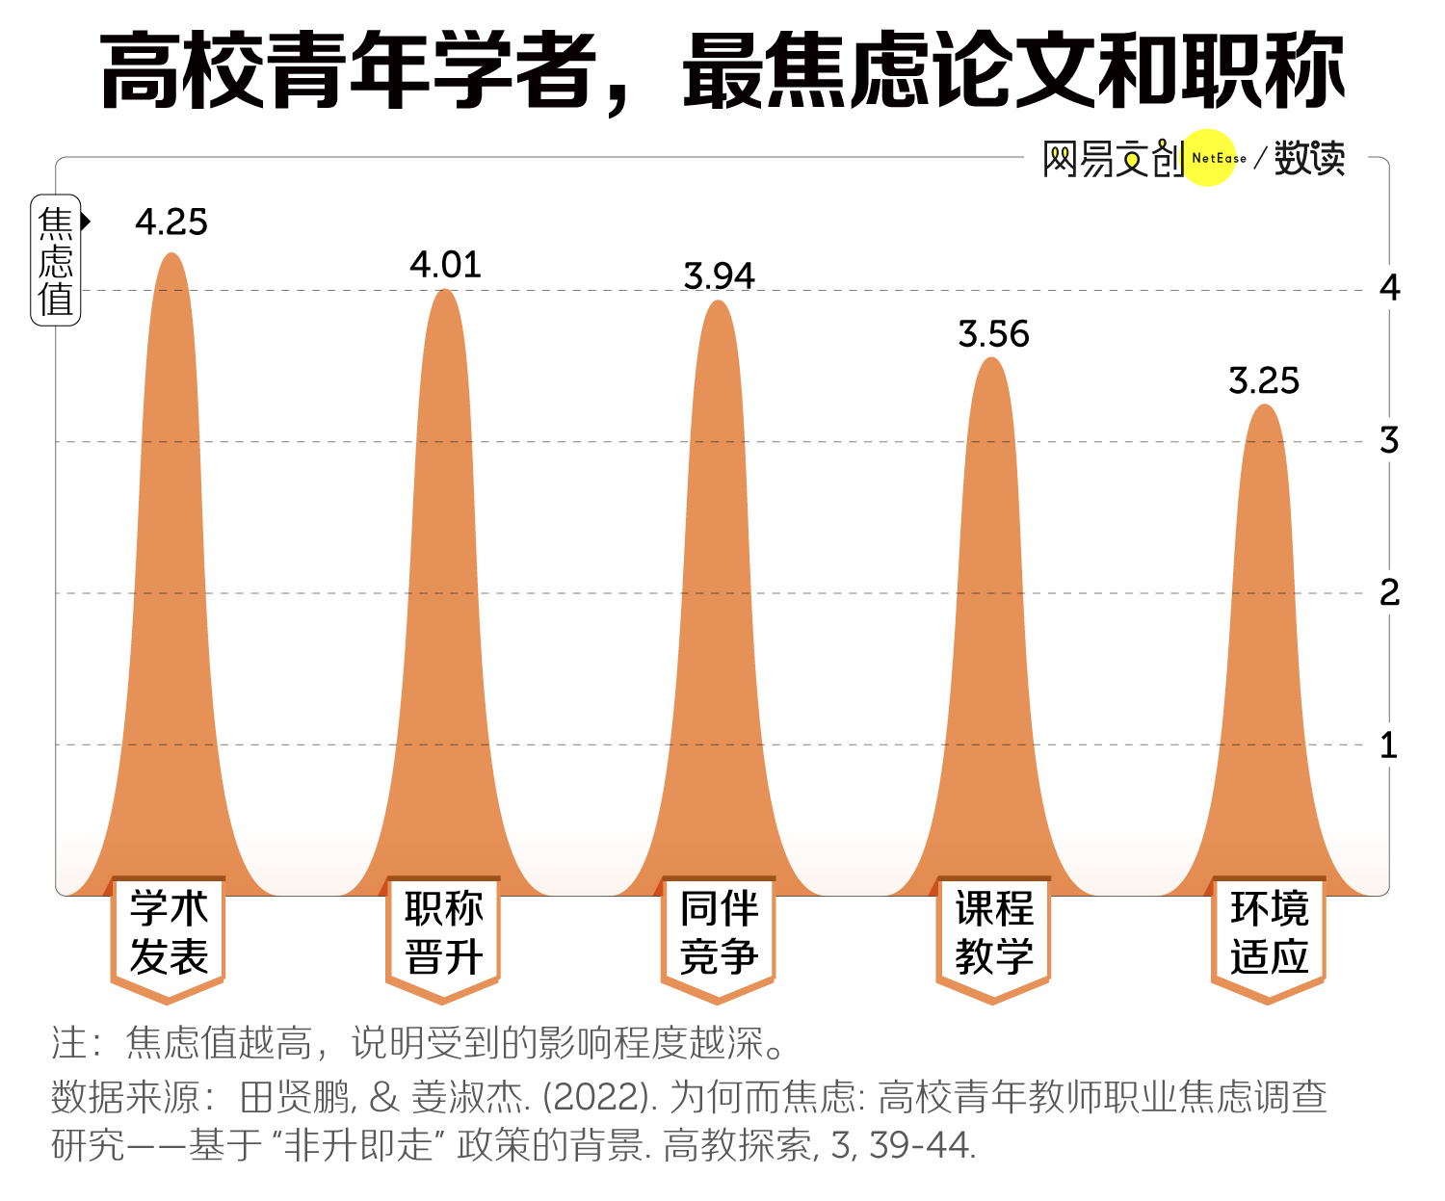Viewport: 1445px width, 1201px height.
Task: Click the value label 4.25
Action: [x=171, y=222]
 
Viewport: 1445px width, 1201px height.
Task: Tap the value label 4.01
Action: [x=445, y=265]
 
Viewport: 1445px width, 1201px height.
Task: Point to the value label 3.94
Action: [x=719, y=276]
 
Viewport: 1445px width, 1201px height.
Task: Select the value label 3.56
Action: [x=993, y=334]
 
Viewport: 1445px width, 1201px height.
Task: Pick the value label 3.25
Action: [x=1264, y=381]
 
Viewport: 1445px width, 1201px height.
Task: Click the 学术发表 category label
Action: [x=169, y=933]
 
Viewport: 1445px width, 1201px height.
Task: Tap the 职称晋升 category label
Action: [x=444, y=933]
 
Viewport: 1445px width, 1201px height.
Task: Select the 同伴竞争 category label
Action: [x=719, y=933]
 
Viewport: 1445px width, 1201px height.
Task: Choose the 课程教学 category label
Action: [x=993, y=933]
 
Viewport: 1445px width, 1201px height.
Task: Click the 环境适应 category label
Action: [x=1269, y=933]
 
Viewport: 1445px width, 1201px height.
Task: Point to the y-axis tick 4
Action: [x=1389, y=288]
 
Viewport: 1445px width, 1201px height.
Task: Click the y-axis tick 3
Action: [x=1389, y=440]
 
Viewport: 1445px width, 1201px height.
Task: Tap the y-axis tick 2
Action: [x=1389, y=592]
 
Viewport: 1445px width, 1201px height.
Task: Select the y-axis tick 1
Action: [x=1389, y=744]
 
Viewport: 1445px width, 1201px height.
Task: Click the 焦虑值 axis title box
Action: [x=56, y=260]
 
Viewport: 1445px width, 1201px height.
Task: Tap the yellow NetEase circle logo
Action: [x=1209, y=158]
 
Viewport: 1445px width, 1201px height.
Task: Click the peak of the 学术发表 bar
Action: [x=171, y=255]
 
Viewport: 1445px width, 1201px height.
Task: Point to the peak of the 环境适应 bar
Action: [x=1265, y=407]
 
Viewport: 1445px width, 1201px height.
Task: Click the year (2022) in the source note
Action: [x=597, y=1096]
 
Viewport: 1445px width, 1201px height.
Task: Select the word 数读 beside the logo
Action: [x=1309, y=159]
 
